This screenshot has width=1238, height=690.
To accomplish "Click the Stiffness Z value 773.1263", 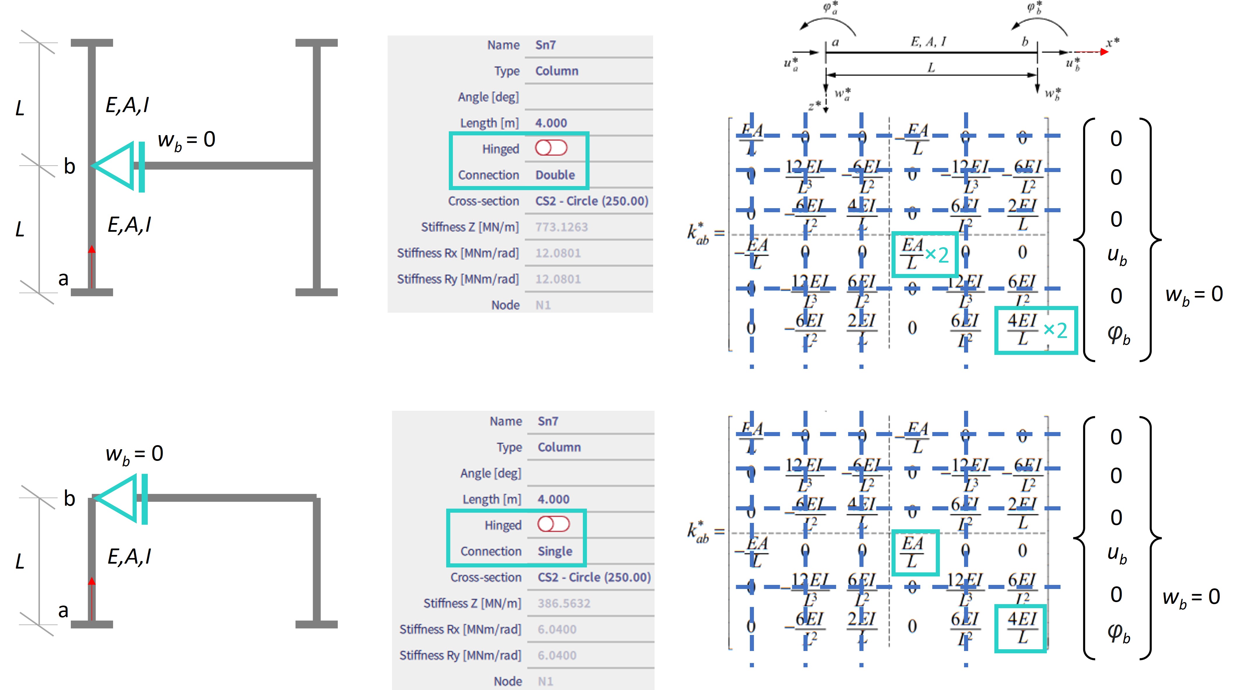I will tap(561, 227).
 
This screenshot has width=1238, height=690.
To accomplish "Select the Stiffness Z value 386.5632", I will tap(564, 604).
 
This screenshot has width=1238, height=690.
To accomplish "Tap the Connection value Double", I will tap(555, 175).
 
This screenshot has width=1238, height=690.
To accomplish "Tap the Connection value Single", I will tap(555, 551).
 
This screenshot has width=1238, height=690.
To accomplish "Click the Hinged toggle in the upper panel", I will tap(551, 148).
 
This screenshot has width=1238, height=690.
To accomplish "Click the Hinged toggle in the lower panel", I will tap(554, 524).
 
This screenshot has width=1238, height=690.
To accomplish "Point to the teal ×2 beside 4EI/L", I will tap(1055, 330).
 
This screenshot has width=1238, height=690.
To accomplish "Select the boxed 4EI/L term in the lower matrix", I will tap(1021, 628).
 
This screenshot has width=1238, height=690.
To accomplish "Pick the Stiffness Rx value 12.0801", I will tap(558, 253).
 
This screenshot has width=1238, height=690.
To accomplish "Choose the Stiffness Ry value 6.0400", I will tap(557, 655).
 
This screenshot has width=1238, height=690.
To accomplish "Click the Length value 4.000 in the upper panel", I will tap(551, 123).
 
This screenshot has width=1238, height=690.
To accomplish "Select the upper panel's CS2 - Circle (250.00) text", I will tap(592, 201).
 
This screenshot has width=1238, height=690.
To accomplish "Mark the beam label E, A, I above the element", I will tap(928, 42).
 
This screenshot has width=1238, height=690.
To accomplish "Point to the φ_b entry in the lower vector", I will tap(1118, 633).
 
